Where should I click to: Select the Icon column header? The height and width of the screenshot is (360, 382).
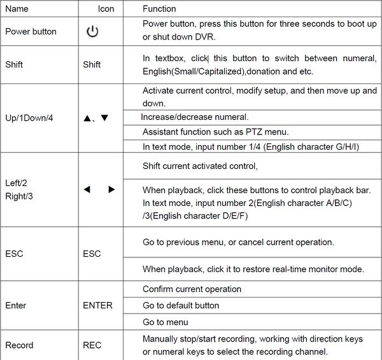(x=106, y=10)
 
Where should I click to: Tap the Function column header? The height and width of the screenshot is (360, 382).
(x=159, y=10)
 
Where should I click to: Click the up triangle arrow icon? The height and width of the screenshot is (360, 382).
(x=87, y=119)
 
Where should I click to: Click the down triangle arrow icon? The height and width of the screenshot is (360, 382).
(x=104, y=119)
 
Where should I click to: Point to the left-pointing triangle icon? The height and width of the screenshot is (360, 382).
(x=87, y=189)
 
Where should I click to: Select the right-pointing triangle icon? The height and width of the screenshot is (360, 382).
(x=111, y=189)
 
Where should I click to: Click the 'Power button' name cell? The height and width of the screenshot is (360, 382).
(x=31, y=32)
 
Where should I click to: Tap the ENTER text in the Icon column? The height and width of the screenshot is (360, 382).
(x=97, y=305)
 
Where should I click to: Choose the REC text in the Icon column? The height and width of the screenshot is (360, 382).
(x=92, y=345)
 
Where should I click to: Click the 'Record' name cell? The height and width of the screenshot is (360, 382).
(x=19, y=345)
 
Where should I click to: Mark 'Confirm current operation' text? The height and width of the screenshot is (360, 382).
(x=192, y=289)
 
